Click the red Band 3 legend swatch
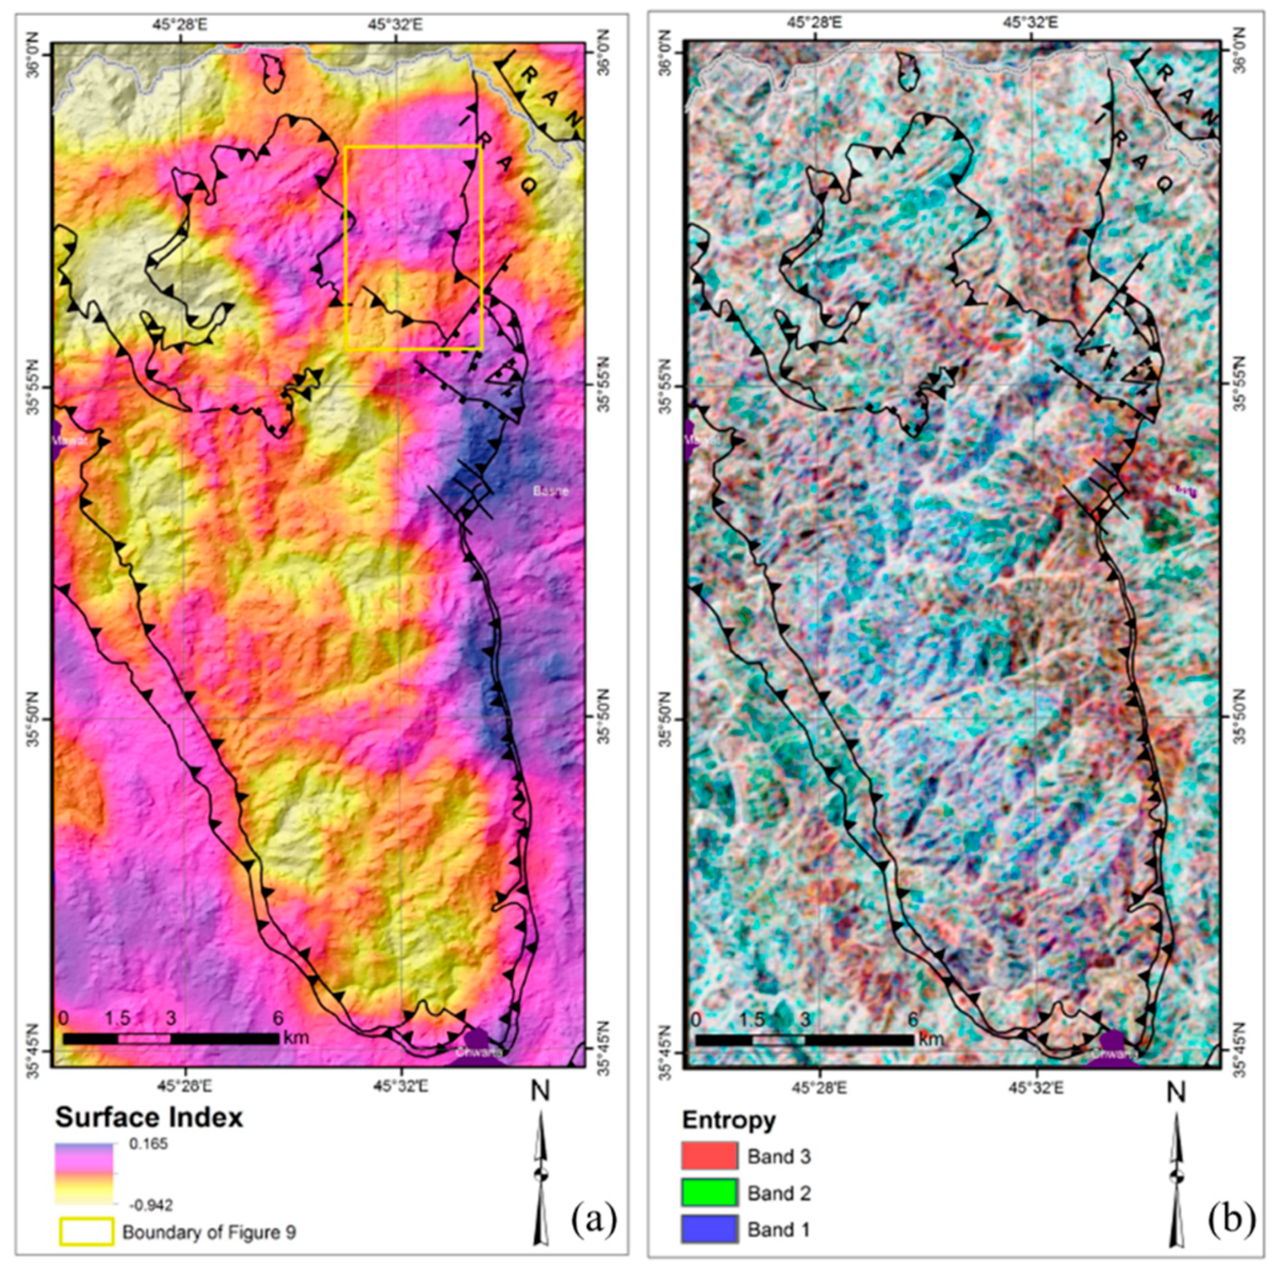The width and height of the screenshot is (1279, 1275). pos(709,1156)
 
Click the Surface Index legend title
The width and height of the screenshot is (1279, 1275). pos(149,1117)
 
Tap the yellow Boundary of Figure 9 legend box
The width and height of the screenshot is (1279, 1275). pos(86,1232)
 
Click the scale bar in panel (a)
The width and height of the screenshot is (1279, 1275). pos(171,1039)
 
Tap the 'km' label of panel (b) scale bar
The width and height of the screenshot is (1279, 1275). pos(930,1039)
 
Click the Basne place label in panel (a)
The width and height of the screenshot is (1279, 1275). pos(551,491)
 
